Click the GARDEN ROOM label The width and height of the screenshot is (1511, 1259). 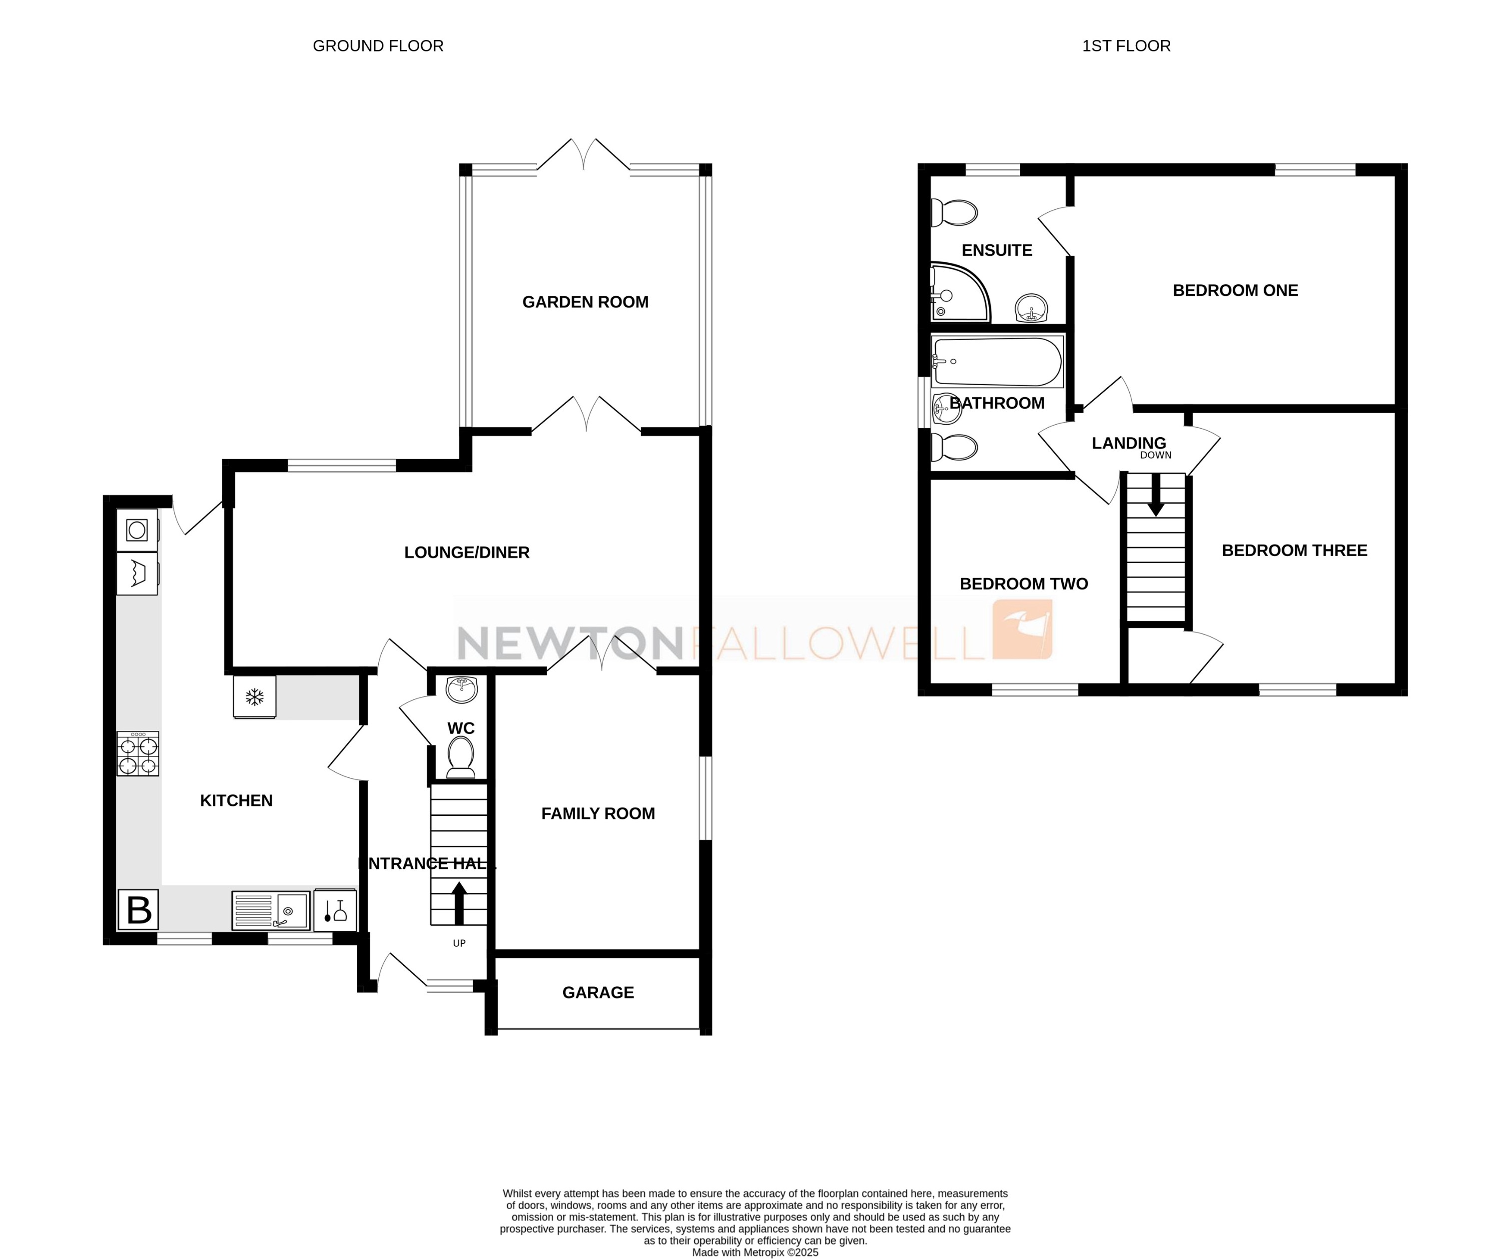coord(585,302)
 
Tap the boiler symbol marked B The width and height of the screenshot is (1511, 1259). coord(138,910)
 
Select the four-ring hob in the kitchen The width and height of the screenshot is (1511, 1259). coord(138,754)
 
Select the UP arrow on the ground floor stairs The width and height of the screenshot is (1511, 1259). coord(459,903)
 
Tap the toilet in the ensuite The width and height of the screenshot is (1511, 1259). coord(955,213)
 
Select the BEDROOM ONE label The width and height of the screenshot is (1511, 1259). coord(1235,291)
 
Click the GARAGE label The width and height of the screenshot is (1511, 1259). coord(598,993)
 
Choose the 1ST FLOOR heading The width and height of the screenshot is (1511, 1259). coord(1126,46)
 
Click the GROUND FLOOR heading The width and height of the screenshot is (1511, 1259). coord(378,46)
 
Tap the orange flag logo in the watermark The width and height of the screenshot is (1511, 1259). coord(1022,629)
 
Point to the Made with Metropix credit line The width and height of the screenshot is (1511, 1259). coord(755,1253)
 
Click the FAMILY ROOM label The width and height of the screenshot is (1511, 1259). coord(598,814)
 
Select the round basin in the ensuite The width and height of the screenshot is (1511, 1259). coord(1032,309)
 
